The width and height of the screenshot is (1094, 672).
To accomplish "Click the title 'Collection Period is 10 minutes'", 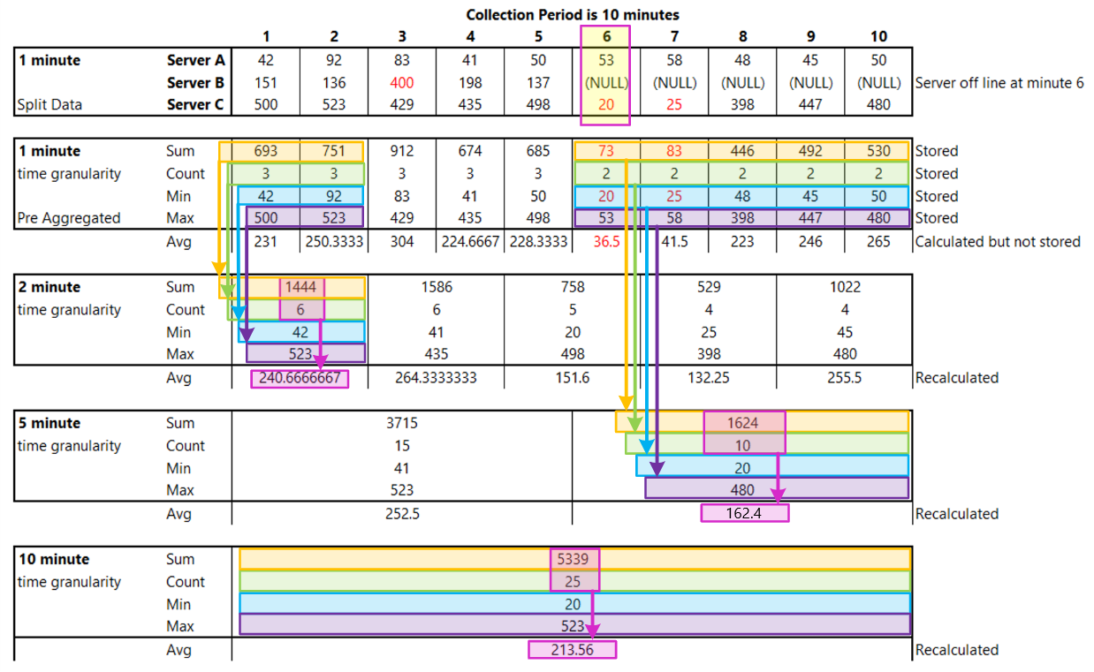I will coord(572,15).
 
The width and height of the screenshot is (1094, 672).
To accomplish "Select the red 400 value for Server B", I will coord(402,83).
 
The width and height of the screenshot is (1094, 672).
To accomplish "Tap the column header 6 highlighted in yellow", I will coord(606,37).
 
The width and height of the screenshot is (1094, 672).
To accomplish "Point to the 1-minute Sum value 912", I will coord(402,151).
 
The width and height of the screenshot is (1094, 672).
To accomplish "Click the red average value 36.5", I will coord(606,241).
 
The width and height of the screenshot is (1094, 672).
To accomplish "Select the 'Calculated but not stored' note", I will coord(998,241).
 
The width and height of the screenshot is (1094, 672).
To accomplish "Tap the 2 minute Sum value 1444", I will coord(302,287).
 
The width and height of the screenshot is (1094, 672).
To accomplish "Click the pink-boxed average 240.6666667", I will coord(300,378).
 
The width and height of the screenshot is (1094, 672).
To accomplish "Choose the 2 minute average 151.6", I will coord(573,378).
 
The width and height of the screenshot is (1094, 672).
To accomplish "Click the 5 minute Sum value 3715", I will coord(402,423).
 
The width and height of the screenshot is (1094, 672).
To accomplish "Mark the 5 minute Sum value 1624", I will coord(743,423).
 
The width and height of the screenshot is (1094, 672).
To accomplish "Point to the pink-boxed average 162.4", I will coord(743,514).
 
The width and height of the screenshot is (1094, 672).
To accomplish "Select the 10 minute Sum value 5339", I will coord(574,559).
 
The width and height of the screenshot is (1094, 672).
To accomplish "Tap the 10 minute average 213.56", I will coord(572,650).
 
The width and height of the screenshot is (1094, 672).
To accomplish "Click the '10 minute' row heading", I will coord(54,559).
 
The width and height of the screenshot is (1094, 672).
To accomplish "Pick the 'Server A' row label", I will coord(196,60).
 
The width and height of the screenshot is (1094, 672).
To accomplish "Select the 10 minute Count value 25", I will coord(574,582).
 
